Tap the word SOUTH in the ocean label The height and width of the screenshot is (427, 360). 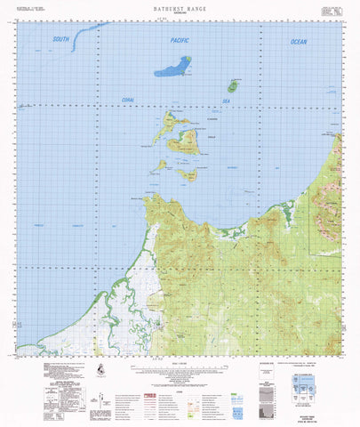pos(60,39)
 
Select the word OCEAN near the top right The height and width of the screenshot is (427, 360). pos(297,42)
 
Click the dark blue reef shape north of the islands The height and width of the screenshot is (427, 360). pos(173,67)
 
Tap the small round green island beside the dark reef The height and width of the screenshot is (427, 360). pos(232,86)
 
